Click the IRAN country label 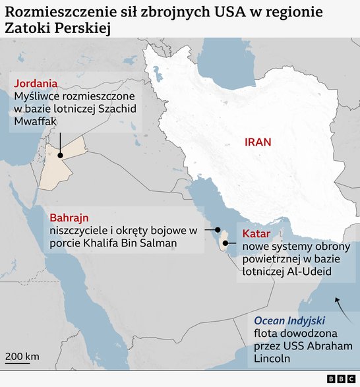258,142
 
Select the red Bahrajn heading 69,218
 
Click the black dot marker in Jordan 60,156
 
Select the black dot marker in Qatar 225,243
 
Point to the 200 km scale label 22,357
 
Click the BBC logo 340,379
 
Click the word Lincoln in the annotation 272,359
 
